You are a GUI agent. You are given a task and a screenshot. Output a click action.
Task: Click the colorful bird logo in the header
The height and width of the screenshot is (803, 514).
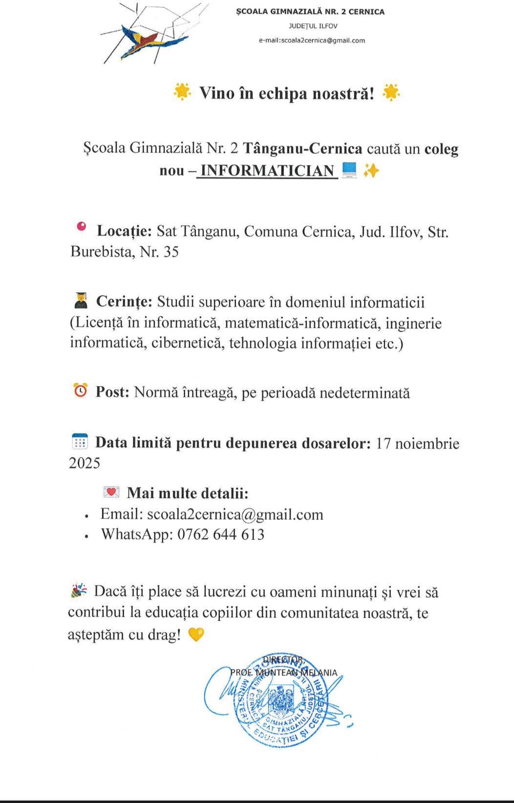tap(147, 41)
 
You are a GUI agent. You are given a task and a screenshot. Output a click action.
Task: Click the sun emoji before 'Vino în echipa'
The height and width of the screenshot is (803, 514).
tap(182, 91)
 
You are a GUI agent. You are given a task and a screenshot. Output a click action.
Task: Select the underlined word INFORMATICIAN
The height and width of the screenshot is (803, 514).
tap(267, 171)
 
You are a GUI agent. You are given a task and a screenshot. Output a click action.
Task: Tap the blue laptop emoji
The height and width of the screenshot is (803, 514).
tap(349, 170)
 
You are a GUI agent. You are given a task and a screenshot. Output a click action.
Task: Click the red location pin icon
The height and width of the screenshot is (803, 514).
tap(82, 226)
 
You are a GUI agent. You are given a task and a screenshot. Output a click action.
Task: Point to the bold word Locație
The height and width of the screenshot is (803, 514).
tap(124, 231)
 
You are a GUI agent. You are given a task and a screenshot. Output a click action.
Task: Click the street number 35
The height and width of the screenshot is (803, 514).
tap(171, 252)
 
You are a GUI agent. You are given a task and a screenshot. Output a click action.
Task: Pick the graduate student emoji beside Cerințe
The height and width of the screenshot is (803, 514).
tap(81, 301)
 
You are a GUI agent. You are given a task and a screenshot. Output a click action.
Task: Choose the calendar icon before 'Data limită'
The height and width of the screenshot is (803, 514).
tap(80, 441)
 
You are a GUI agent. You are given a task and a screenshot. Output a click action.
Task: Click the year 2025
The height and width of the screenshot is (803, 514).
tap(85, 463)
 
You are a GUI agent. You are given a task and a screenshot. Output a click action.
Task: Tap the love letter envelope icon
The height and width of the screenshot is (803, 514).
tap(111, 492)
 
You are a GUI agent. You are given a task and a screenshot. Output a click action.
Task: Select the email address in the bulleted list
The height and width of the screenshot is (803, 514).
tap(235, 514)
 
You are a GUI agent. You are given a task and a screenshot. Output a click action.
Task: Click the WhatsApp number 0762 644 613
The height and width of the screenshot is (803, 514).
tap(221, 534)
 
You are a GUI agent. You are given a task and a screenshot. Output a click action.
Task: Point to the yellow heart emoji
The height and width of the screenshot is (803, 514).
tap(196, 634)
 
